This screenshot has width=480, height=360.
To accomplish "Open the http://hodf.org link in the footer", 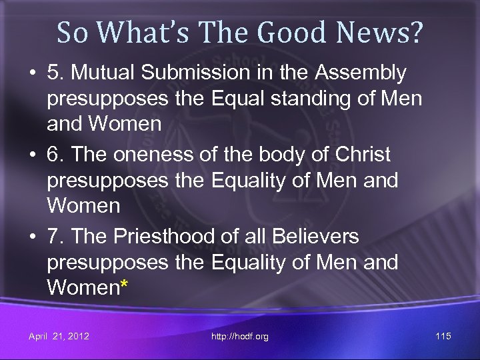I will [240, 336].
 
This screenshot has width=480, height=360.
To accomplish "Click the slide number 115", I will [443, 336].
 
